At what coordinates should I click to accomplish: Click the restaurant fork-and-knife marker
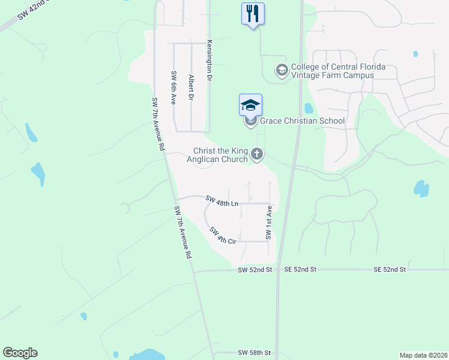252,13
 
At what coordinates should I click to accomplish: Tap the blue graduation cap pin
250,106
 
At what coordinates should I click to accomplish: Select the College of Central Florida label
338,71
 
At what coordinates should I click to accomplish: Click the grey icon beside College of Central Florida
281,71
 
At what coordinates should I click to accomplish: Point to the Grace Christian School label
302,121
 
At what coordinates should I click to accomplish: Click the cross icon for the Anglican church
257,155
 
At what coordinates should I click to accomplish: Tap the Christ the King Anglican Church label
220,155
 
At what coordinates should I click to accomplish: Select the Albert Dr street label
191,87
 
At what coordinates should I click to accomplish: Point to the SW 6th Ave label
173,88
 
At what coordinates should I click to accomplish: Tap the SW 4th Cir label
223,235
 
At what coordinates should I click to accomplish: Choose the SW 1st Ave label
270,223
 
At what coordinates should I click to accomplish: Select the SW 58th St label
255,352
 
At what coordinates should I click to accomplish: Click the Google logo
20,353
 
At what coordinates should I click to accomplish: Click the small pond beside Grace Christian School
309,109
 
